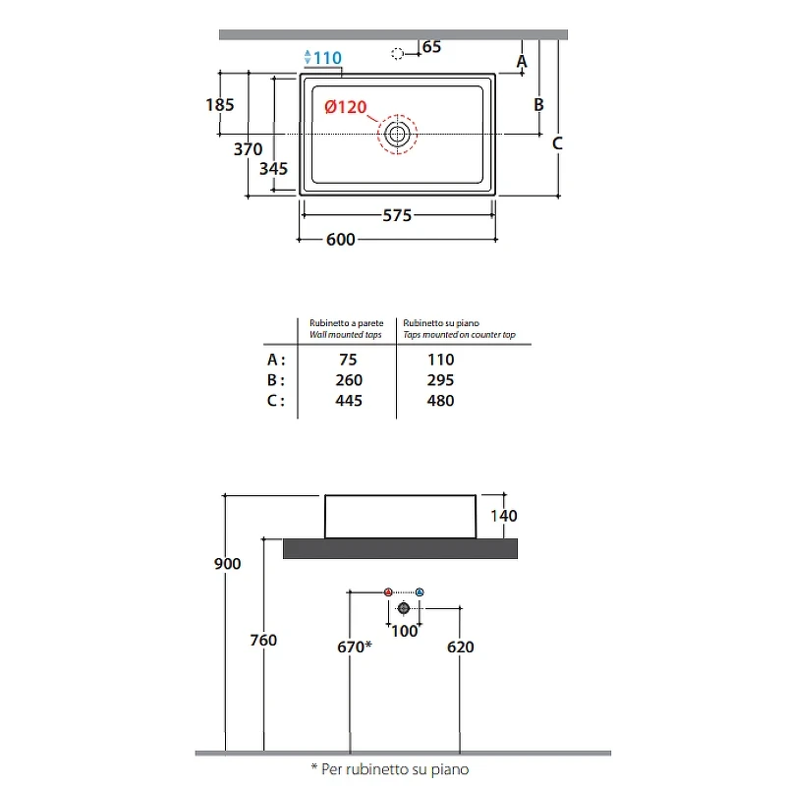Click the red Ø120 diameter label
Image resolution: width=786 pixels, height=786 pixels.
coord(346,107)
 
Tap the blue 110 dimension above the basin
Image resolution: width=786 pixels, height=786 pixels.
coord(327,58)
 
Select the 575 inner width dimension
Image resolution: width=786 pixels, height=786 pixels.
coord(397,215)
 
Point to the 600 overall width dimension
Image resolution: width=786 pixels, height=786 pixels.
coord(341,240)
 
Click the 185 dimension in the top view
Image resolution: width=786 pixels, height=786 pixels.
coord(220,105)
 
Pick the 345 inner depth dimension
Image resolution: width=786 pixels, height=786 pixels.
coord(274,168)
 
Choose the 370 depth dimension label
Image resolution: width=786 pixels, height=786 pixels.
coord(249,149)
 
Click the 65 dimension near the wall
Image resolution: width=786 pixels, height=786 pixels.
coord(431,46)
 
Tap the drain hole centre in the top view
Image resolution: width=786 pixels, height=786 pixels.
coord(398,134)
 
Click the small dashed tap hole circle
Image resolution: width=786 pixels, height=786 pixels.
coord(398,54)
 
